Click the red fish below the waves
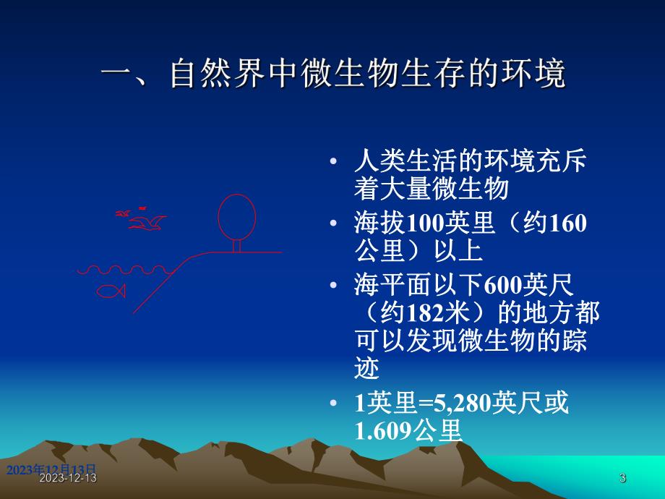coord(111,291)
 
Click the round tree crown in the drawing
coord(237,216)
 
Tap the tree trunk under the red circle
coord(236,246)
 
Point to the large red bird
coord(149,222)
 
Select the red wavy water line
coord(123,270)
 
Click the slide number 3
coord(622,478)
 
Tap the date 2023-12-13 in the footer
coord(68,479)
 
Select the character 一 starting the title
coord(116,75)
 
